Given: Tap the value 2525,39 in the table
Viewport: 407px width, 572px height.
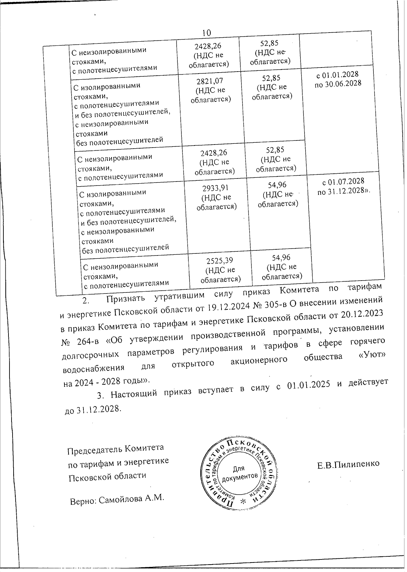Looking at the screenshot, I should tap(220, 261).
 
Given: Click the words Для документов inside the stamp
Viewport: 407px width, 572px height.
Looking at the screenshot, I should tap(239, 473).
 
